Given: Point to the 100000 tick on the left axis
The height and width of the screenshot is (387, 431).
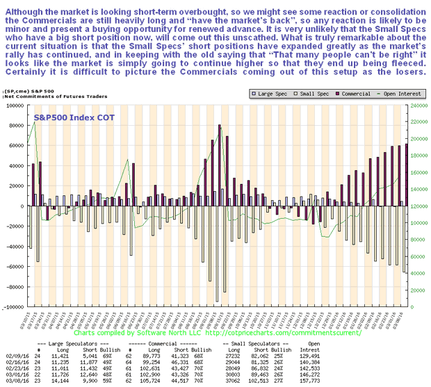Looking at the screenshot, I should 14,106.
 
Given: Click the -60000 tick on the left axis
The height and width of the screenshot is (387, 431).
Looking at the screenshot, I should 14,267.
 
